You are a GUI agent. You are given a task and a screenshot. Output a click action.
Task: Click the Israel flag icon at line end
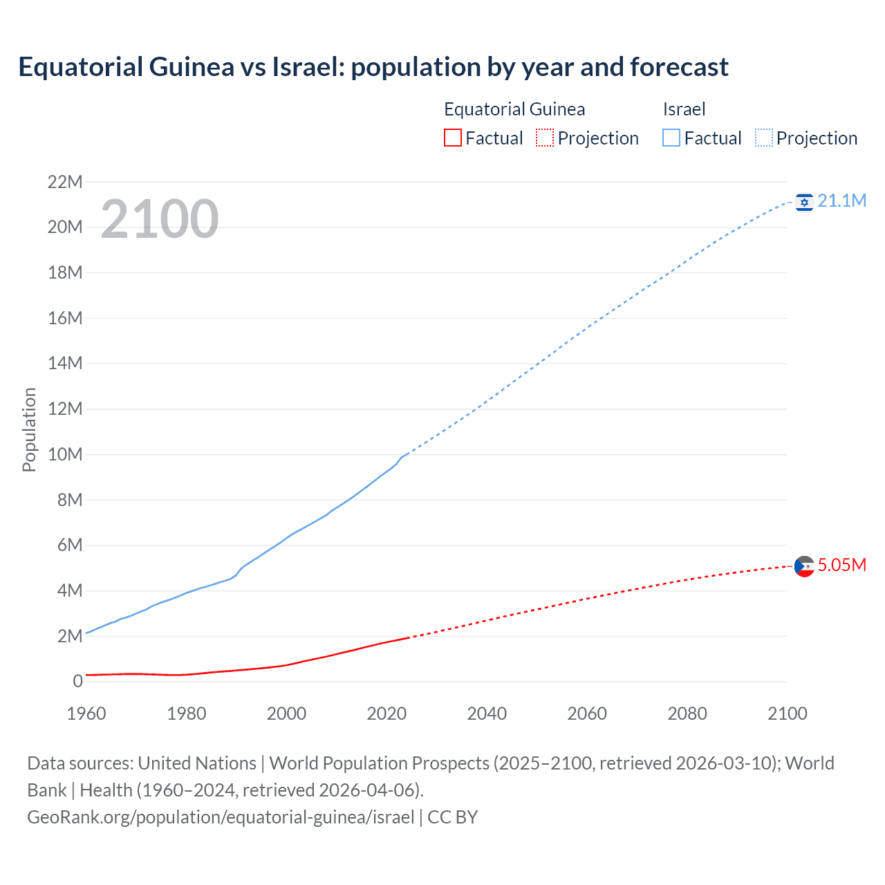[804, 202]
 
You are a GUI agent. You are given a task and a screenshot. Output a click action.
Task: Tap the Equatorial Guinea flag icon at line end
[804, 566]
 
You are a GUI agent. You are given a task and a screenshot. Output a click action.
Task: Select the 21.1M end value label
[841, 201]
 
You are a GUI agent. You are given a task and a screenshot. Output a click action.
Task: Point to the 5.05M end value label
[841, 566]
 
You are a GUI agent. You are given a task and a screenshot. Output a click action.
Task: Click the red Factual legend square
[452, 138]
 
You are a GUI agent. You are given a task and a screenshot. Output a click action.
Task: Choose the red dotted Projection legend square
[545, 138]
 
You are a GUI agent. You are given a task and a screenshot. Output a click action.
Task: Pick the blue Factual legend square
[671, 138]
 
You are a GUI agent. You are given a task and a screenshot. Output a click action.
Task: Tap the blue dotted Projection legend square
[764, 138]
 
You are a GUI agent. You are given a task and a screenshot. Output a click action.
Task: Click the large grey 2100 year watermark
[160, 219]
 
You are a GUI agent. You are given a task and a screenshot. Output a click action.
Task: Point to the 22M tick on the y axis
[65, 183]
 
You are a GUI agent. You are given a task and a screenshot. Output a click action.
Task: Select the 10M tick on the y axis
[65, 455]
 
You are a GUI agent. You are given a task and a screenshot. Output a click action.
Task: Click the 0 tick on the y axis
[77, 682]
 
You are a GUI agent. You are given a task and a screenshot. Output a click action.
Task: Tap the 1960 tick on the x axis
[86, 714]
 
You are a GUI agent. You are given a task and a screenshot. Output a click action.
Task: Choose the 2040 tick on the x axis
[487, 714]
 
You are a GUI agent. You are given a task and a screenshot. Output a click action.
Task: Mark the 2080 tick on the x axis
[687, 714]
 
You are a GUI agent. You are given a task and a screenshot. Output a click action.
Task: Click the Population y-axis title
[29, 430]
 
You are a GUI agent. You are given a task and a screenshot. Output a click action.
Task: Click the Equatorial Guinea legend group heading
[514, 109]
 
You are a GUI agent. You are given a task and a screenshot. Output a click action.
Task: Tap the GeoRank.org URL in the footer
[221, 817]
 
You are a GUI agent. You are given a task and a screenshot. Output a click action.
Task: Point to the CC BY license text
[453, 817]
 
